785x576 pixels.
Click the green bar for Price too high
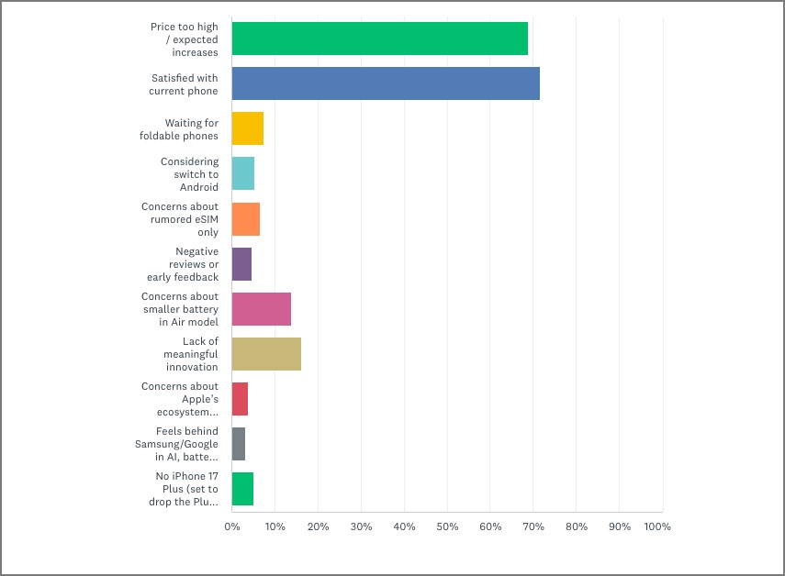tap(379, 39)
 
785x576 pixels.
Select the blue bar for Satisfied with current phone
tap(386, 84)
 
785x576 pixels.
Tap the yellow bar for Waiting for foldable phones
tap(248, 129)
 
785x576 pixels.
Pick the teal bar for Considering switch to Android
tap(243, 174)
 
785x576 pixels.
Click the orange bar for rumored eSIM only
tap(246, 219)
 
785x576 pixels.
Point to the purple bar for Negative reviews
tap(241, 264)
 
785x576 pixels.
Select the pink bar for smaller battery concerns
tap(262, 309)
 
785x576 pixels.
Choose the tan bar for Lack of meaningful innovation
tap(266, 354)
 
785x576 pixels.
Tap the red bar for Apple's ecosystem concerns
tap(240, 399)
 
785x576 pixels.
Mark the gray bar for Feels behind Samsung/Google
tap(239, 444)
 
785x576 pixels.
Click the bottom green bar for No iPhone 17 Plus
tap(242, 489)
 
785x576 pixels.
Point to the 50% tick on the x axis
tap(447, 526)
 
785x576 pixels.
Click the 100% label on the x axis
tap(657, 526)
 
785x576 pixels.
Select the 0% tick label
tap(232, 526)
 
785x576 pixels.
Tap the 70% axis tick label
tap(533, 526)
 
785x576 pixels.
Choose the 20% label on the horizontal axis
tap(318, 526)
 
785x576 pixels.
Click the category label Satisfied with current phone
tap(184, 84)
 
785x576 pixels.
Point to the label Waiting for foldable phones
tap(191, 129)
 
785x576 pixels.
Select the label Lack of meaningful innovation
tap(192, 354)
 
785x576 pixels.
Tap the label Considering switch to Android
tap(190, 174)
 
